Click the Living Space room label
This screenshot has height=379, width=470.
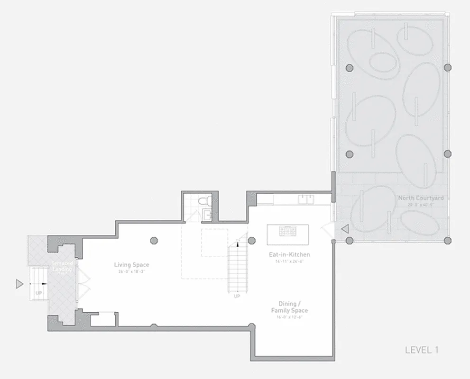point(131,265)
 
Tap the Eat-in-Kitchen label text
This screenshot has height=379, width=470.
point(289,254)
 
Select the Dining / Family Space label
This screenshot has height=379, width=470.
point(289,307)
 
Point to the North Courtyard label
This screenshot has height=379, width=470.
point(421,198)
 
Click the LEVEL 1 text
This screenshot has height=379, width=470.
point(421,350)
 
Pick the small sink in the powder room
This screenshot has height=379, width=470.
point(207,216)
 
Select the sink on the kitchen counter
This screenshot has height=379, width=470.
point(305,199)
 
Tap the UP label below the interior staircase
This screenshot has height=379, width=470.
point(237,297)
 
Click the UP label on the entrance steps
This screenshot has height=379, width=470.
point(38,293)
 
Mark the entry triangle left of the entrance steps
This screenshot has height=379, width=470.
point(19,284)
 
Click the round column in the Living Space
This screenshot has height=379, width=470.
point(154,240)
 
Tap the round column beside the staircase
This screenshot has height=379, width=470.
point(251,240)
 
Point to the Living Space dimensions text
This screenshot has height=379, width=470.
point(131,272)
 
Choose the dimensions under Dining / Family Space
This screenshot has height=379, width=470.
point(289,317)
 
